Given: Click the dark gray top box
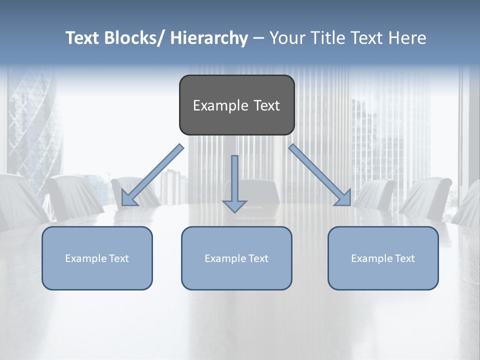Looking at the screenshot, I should coord(236,105).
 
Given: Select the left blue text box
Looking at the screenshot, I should coord(97,258).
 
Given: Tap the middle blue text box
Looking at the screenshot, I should coord(236,258).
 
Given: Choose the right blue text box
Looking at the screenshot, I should coord(383,258).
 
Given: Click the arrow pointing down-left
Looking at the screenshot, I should coord(152,175).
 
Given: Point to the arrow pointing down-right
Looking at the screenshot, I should coord(320,175).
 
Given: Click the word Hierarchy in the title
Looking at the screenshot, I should coord(209,38).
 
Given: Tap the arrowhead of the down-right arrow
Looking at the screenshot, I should coord(344,198).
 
